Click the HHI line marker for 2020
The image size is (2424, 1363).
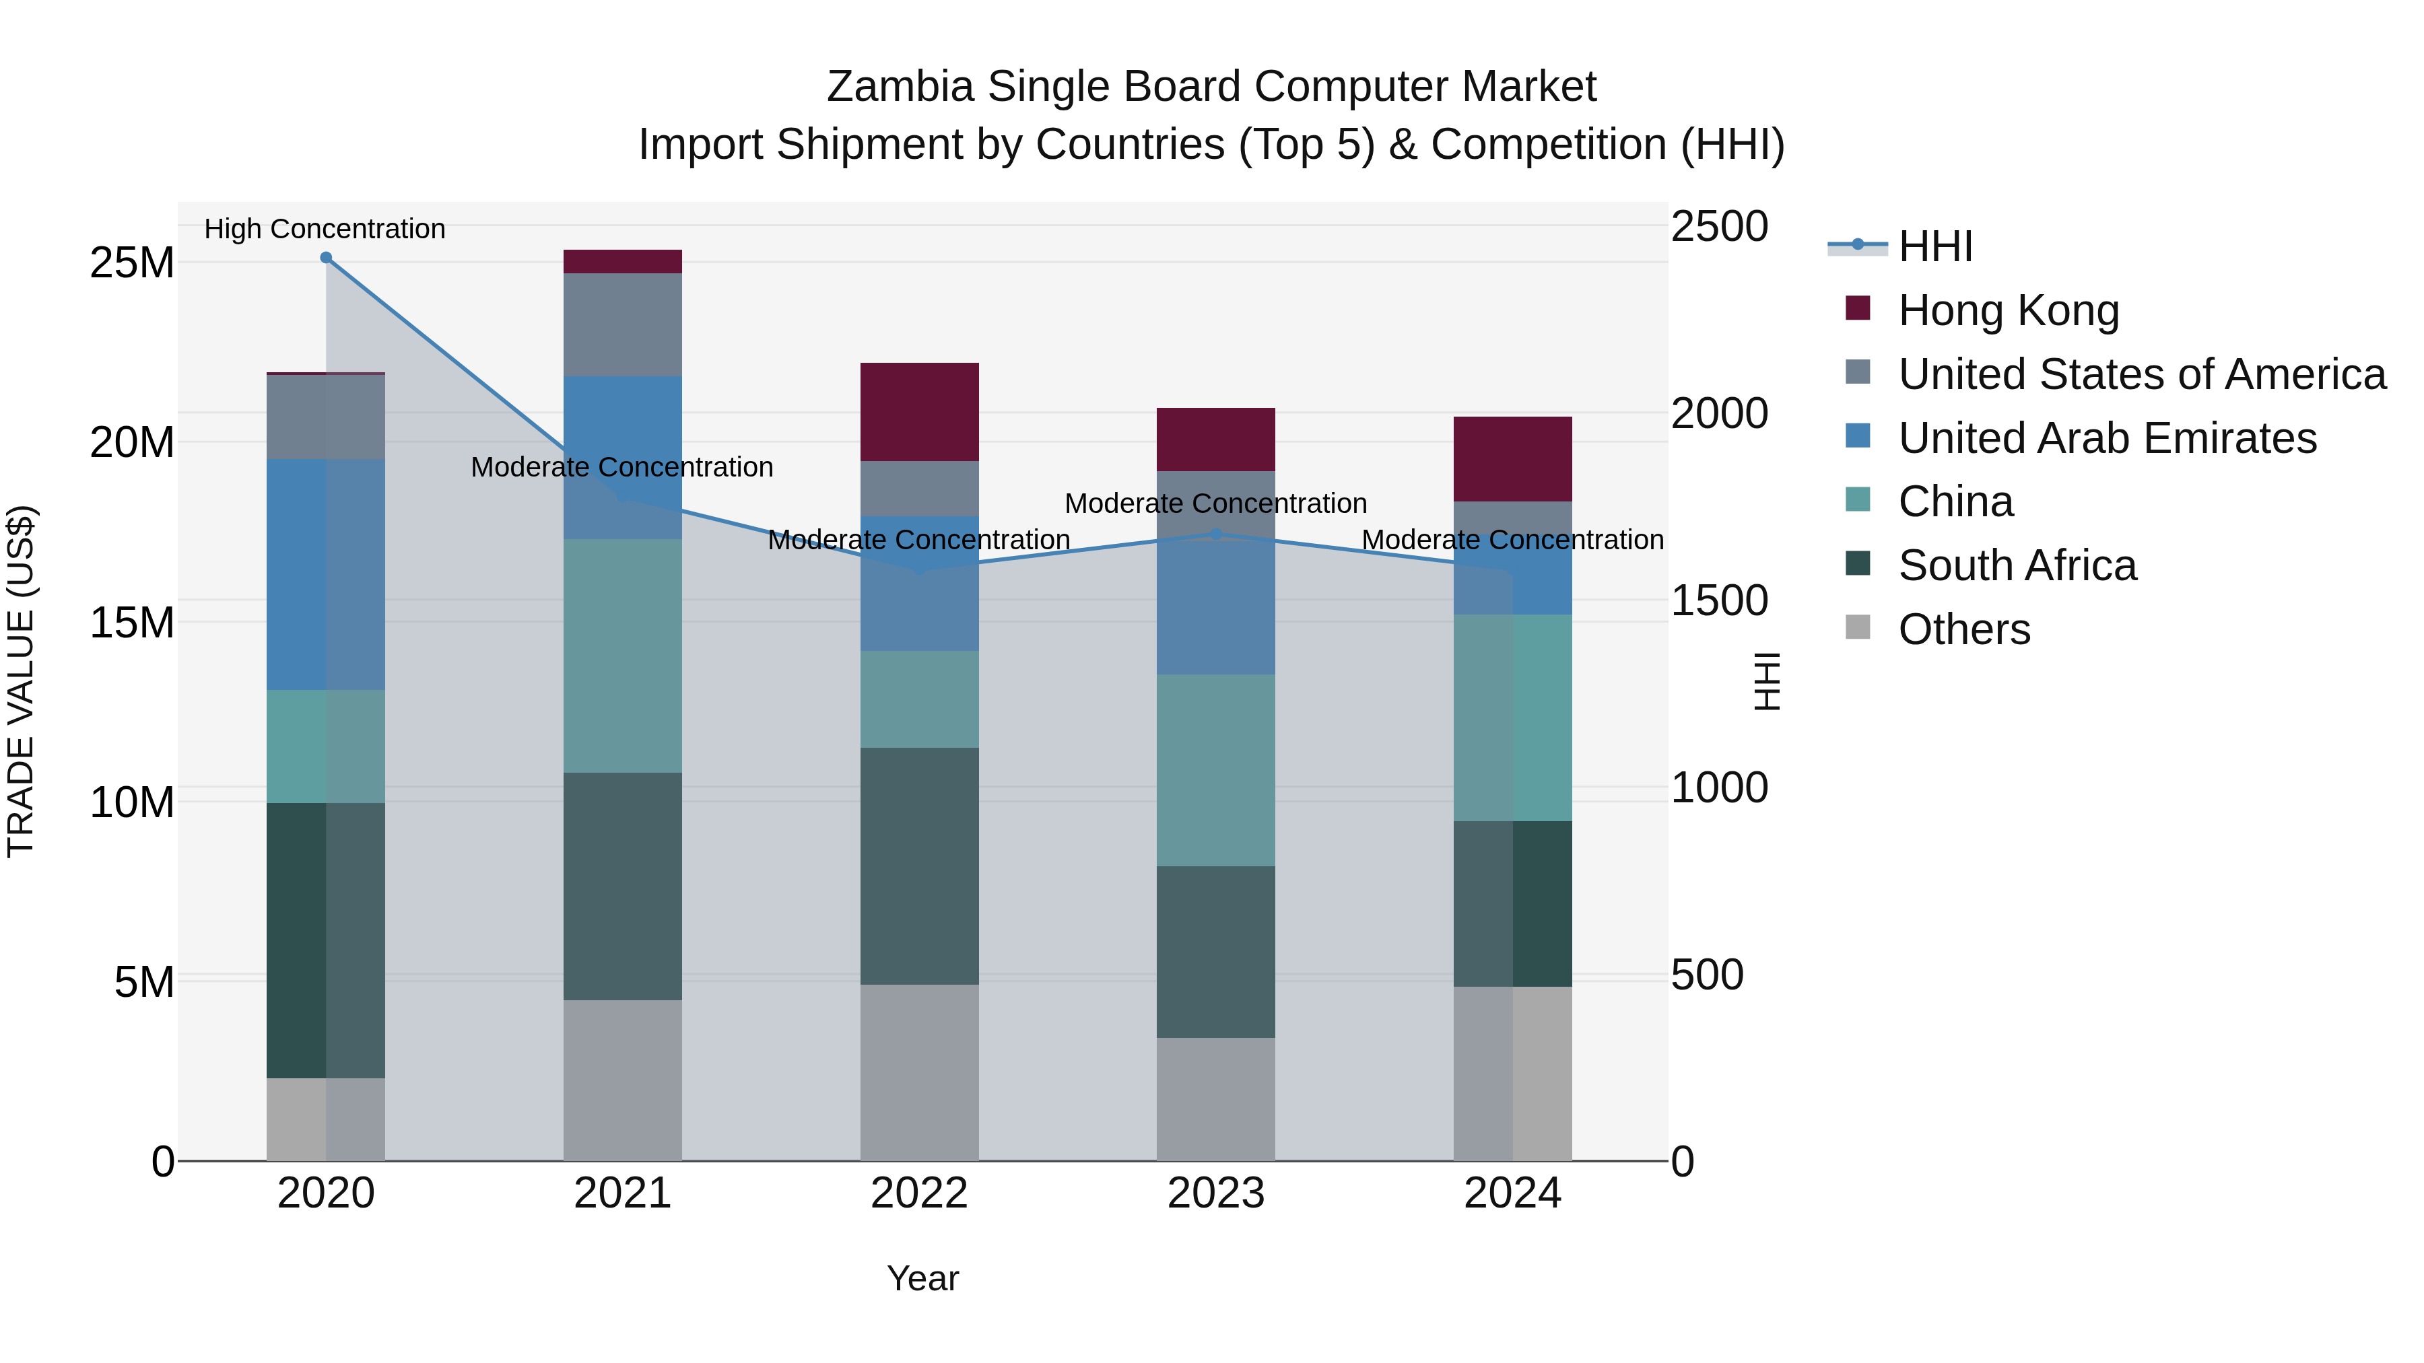click(326, 257)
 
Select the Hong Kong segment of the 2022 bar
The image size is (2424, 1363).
click(919, 411)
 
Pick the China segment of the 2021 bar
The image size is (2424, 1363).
click(622, 656)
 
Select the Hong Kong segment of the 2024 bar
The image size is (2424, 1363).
click(1512, 458)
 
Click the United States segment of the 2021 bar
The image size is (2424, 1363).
click(622, 324)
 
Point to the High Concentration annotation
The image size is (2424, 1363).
click(325, 229)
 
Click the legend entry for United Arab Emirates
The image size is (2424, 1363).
click(2106, 438)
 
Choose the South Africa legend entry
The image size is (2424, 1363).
click(2017, 565)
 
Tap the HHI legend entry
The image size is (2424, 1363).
click(1934, 246)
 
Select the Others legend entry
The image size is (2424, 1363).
click(1964, 629)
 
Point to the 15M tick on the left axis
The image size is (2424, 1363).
click(132, 622)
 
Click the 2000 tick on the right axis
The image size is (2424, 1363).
click(1719, 413)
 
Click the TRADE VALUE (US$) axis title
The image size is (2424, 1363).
click(21, 681)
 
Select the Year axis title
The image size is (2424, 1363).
click(922, 1278)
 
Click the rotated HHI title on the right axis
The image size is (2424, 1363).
click(1767, 681)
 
